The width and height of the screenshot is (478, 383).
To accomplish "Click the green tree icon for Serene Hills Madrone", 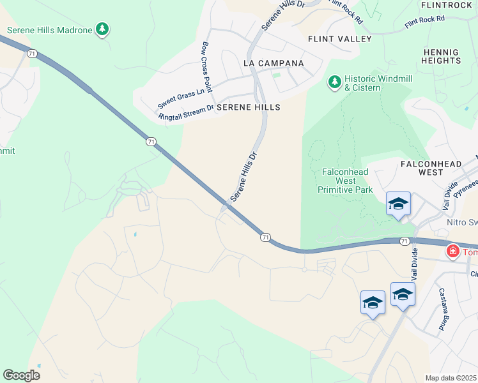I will pos(102,29).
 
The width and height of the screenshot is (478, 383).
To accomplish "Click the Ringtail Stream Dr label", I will pos(187,113).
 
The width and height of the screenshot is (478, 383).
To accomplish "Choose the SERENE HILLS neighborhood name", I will pos(249,108).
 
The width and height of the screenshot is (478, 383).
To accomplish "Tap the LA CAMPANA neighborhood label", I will pos(274,63).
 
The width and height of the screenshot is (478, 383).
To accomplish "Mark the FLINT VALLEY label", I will pos(339,39).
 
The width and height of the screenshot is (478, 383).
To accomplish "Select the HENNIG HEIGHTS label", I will pos(441,56).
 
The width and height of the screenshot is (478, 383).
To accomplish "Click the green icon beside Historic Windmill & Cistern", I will pos(334,82).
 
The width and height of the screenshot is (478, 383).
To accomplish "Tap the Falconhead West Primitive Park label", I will pos(346,181).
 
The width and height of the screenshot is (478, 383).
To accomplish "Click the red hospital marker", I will pos(453,252).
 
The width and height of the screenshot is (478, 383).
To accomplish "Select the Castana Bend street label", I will pos(440,310).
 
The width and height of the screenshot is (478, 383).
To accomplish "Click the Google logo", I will pos(21,375).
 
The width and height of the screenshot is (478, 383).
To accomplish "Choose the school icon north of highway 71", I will pos(398,204).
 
